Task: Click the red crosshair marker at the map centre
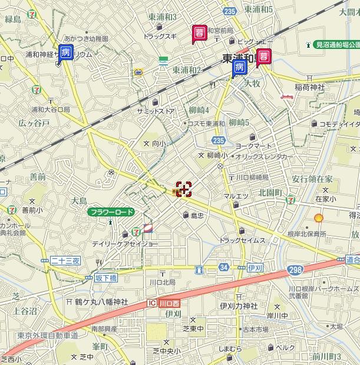[184, 189]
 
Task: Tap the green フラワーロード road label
[111, 212]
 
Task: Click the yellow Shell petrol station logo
[318, 218]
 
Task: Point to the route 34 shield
[223, 268]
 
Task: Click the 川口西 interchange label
[160, 303]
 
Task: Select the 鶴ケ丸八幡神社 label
[101, 302]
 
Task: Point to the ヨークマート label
[253, 144]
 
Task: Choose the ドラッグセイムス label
[242, 240]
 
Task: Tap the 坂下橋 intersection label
[105, 277]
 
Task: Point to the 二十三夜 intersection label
[65, 260]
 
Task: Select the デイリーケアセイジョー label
[125, 243]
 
